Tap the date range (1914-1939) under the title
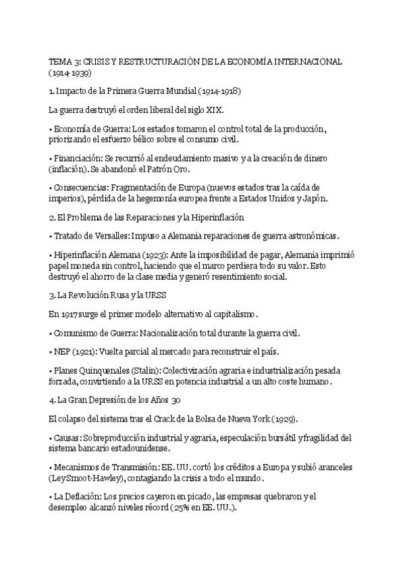click(70, 72)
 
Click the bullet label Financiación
click(78, 157)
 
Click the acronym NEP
click(61, 352)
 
